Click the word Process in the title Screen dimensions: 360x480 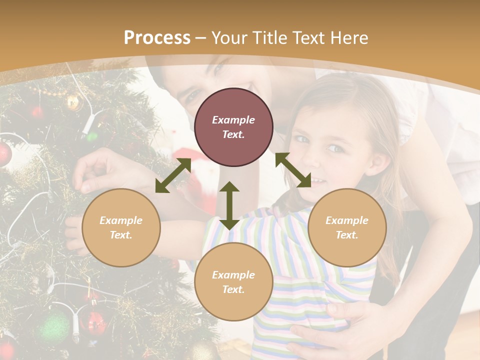[157, 38]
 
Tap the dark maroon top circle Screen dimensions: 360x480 [233, 127]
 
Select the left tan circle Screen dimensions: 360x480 [121, 227]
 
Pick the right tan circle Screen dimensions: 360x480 [347, 227]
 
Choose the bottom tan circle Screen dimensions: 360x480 [233, 282]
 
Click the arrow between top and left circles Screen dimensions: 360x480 [173, 175]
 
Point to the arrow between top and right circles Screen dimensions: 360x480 [293, 170]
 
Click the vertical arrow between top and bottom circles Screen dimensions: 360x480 [229, 205]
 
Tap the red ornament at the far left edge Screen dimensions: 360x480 [4, 154]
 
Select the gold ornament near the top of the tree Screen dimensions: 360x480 [73, 102]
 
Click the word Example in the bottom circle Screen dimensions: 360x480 [233, 275]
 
